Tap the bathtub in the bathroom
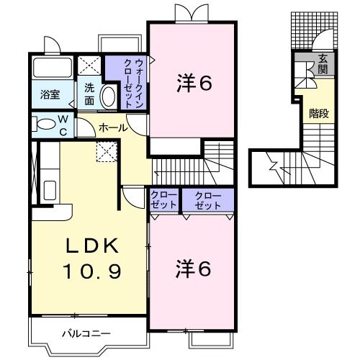tap(50, 70)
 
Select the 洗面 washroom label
tap(89, 93)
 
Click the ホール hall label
tap(114, 127)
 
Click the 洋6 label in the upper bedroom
tap(194, 84)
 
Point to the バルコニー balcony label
tap(86, 333)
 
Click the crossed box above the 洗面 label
tap(90, 66)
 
